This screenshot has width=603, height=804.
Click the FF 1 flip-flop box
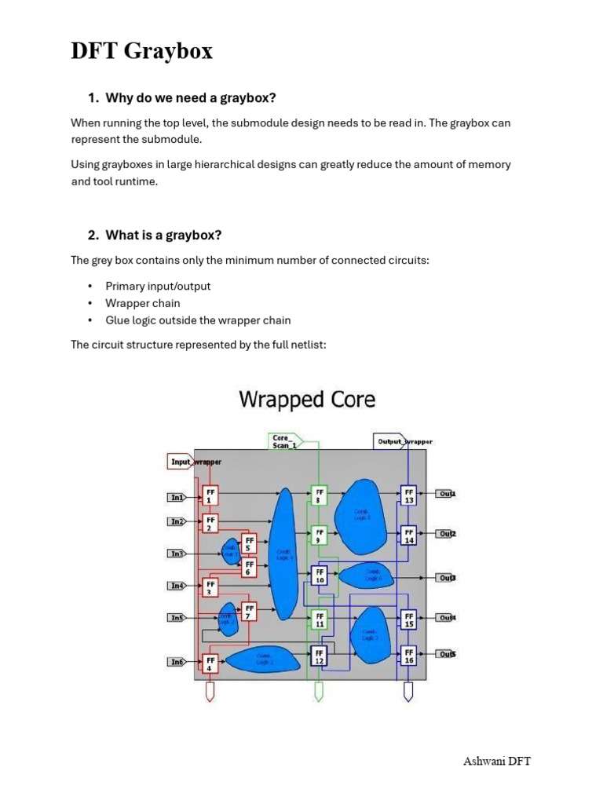(210, 496)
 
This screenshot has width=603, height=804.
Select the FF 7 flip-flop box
(249, 612)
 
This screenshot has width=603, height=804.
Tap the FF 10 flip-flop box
(319, 576)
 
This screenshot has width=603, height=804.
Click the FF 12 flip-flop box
(319, 656)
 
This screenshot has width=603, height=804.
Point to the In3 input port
(177, 554)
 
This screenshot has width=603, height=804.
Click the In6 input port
(177, 662)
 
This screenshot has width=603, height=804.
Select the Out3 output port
(446, 577)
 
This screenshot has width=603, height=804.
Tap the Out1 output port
(446, 494)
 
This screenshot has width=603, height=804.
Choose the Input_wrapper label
(195, 462)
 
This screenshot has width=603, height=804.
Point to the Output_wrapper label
(404, 441)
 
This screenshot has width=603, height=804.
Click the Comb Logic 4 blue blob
(283, 553)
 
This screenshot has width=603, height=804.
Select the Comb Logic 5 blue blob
(360, 513)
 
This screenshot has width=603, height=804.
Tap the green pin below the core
(318, 691)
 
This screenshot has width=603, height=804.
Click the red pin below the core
(210, 691)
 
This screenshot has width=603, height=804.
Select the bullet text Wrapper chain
(143, 303)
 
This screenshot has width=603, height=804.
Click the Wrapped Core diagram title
(307, 400)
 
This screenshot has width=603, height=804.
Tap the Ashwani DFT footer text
(497, 761)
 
